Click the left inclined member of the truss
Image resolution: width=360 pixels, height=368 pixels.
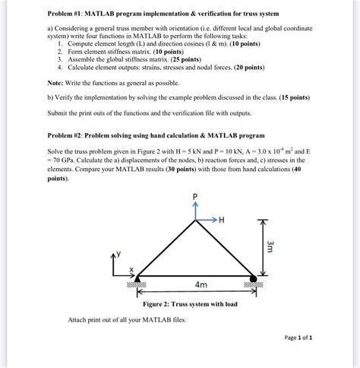[x=166, y=249]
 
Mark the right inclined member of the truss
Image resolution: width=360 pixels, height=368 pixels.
[x=224, y=249]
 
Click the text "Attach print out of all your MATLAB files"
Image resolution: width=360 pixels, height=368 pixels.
[x=126, y=319]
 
